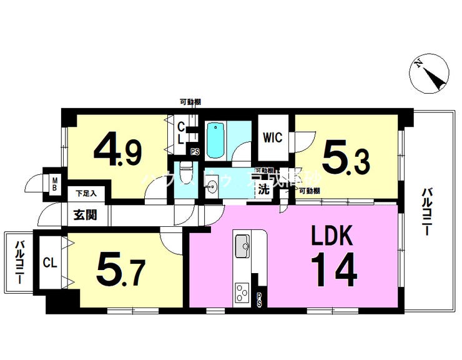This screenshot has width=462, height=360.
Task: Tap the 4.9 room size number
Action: [118, 150]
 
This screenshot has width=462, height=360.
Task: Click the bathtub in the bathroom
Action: [216, 141]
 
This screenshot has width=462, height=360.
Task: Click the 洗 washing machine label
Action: [264, 189]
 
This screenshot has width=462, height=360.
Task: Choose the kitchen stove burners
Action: [242, 292]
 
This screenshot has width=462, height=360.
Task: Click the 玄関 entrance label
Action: [85, 216]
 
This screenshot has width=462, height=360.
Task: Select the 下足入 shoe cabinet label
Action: [86, 194]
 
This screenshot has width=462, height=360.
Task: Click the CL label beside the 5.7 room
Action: [50, 263]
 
